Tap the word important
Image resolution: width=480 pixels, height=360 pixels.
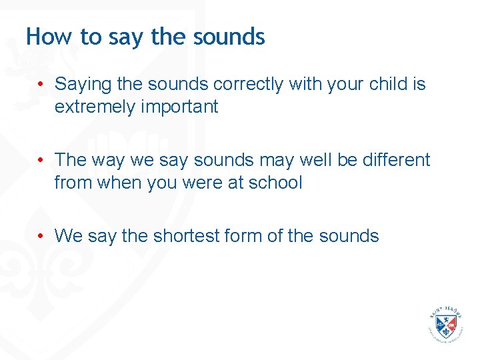pyautogui.click(x=181, y=107)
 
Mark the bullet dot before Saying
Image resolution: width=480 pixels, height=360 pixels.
pyautogui.click(x=41, y=85)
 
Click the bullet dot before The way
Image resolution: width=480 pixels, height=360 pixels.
pyautogui.click(x=41, y=160)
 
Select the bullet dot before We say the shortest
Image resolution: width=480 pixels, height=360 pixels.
pyautogui.click(x=41, y=235)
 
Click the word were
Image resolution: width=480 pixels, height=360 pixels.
pyautogui.click(x=201, y=182)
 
